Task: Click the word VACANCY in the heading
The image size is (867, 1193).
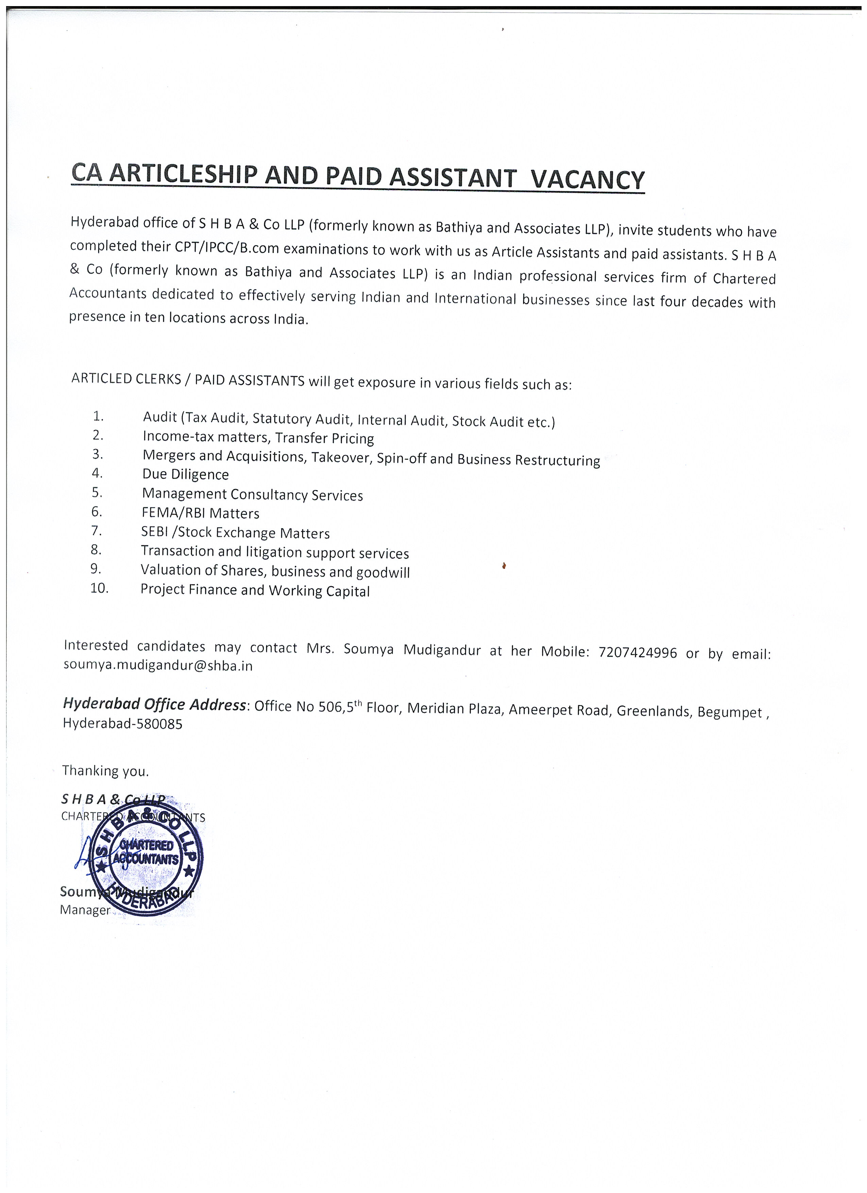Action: tap(587, 180)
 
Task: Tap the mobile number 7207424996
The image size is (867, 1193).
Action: tap(637, 653)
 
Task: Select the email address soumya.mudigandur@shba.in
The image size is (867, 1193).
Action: tap(158, 666)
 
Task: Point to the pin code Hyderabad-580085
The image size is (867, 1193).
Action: tap(122, 724)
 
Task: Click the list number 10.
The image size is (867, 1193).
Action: tap(99, 588)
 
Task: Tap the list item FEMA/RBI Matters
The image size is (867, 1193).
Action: tap(200, 513)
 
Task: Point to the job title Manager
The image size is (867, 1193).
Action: tap(85, 910)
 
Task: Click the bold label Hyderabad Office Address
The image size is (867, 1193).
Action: tap(154, 704)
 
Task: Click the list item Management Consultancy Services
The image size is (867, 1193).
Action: tap(252, 495)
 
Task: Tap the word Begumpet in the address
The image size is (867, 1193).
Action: tap(730, 712)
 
